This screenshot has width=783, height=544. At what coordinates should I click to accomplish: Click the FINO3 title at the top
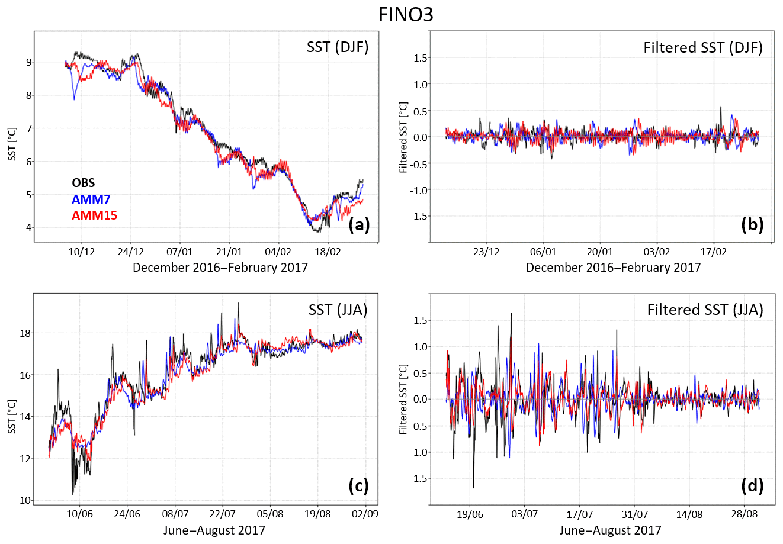click(x=406, y=14)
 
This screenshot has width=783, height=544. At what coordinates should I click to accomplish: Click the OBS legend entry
click(x=83, y=184)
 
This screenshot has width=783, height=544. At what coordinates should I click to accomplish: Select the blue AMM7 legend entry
click(x=91, y=199)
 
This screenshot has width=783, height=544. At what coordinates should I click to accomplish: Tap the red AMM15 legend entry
click(x=94, y=215)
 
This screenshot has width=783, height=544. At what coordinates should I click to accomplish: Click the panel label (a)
click(x=359, y=224)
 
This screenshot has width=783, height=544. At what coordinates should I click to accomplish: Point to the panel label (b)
click(x=752, y=224)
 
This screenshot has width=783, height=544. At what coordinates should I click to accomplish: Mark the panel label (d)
click(x=752, y=486)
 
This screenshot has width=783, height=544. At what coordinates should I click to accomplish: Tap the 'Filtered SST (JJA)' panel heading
click(x=705, y=310)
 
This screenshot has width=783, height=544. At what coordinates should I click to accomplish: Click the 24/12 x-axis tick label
click(x=130, y=251)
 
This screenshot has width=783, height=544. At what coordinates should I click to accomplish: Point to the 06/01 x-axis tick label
click(x=543, y=251)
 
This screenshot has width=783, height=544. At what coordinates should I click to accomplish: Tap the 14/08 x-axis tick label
click(x=689, y=514)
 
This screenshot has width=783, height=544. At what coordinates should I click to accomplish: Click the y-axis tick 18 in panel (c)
click(x=25, y=333)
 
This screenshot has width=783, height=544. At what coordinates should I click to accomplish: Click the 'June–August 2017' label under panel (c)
click(x=214, y=530)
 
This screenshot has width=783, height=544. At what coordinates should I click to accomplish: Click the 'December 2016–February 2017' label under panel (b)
click(x=613, y=268)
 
